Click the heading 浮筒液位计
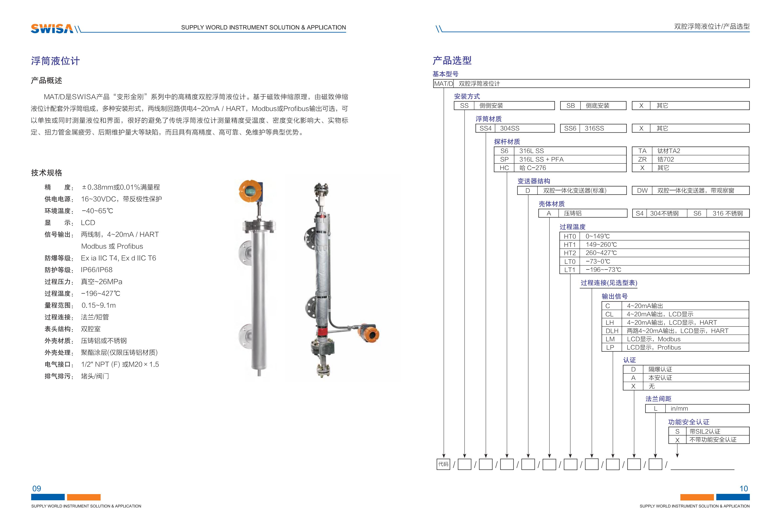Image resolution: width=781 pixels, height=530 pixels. pos(55,61)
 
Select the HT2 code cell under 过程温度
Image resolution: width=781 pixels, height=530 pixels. pos(570,253)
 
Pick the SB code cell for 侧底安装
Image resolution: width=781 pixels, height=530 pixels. pos(570,106)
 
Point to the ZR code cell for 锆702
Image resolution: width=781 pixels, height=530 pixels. pos(642,159)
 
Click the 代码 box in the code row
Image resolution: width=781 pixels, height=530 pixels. pos(443,464)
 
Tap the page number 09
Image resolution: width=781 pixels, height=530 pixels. pos(37,489)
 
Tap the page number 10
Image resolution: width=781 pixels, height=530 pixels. pos(744,489)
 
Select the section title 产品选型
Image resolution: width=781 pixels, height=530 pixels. pos(452,60)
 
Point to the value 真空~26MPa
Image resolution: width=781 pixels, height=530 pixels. pos(102,282)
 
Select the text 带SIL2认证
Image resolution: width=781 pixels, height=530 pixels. pos(705,431)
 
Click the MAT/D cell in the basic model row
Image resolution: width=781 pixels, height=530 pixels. pos(443,84)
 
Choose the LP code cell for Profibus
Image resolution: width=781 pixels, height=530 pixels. pos(610,347)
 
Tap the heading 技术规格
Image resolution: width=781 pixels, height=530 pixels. pos(47,173)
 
